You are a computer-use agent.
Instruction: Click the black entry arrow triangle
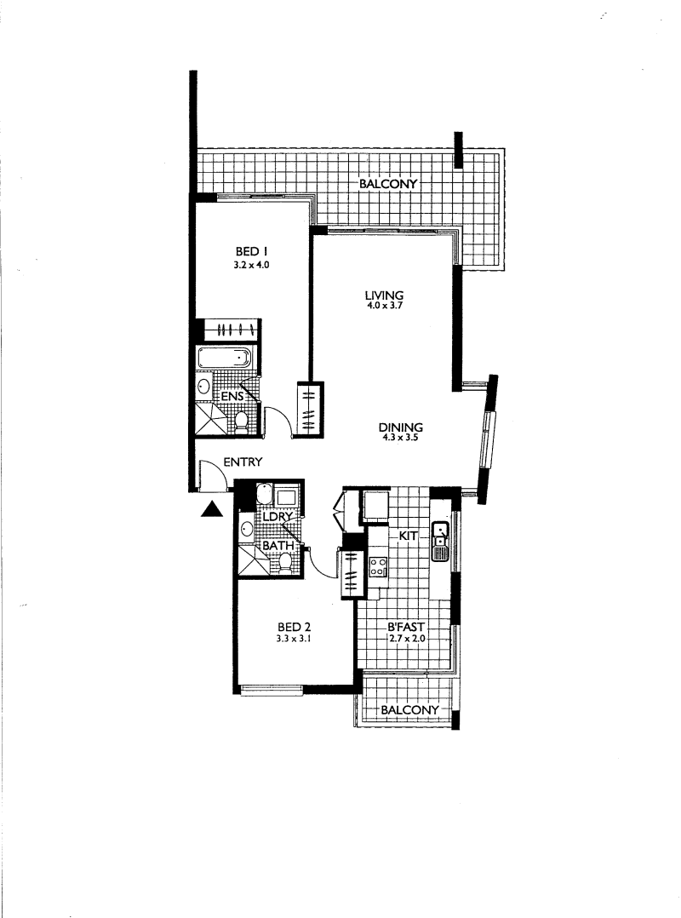pyautogui.click(x=212, y=510)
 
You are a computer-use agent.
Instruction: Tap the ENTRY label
pyautogui.click(x=243, y=462)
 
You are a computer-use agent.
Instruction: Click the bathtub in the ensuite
pyautogui.click(x=224, y=357)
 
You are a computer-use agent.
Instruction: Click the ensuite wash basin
pyautogui.click(x=204, y=387)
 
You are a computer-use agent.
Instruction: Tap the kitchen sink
pyautogui.click(x=439, y=541)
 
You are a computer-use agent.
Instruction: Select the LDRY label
pyautogui.click(x=278, y=518)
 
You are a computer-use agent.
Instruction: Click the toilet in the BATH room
pyautogui.click(x=285, y=563)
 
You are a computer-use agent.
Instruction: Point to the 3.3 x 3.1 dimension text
pyautogui.click(x=293, y=639)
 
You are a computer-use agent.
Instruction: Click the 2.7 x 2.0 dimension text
pyautogui.click(x=407, y=639)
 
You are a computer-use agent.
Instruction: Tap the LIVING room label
pyautogui.click(x=385, y=295)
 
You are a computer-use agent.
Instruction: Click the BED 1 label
pyautogui.click(x=252, y=252)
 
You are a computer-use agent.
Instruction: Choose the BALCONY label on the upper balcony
pyautogui.click(x=388, y=184)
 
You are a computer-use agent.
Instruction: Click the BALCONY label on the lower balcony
pyautogui.click(x=409, y=710)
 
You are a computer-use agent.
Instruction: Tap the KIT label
pyautogui.click(x=408, y=536)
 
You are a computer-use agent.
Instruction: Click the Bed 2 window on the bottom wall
pyautogui.click(x=272, y=689)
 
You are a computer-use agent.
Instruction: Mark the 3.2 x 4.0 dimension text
pyautogui.click(x=252, y=265)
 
